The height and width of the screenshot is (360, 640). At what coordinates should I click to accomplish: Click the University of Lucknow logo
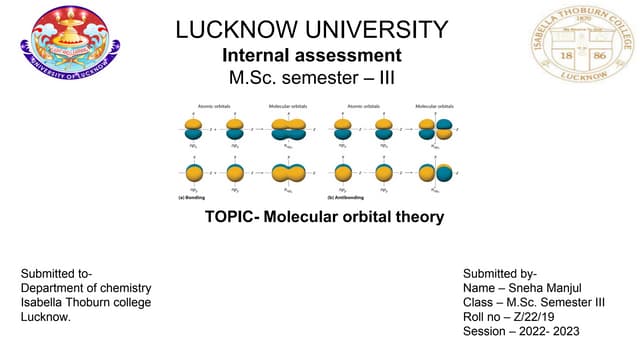[69, 45]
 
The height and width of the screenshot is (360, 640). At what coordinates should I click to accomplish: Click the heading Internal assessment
[312, 55]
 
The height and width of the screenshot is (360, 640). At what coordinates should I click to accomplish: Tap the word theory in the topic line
[416, 217]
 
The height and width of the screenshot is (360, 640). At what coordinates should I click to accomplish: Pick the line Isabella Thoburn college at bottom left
[86, 302]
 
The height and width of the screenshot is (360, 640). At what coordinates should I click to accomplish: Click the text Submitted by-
[500, 273]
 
